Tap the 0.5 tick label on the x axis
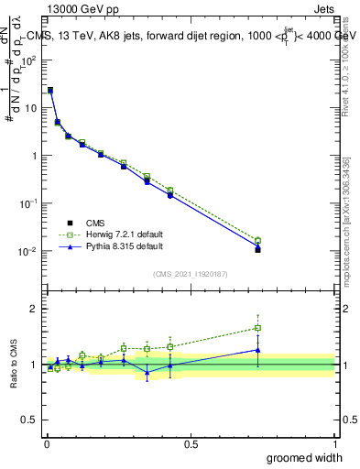pos(190,443)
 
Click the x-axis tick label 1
pos(334,443)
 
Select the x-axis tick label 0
pos(46,443)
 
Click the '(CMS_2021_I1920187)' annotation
pos(191,273)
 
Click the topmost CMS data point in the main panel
pos(50,91)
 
